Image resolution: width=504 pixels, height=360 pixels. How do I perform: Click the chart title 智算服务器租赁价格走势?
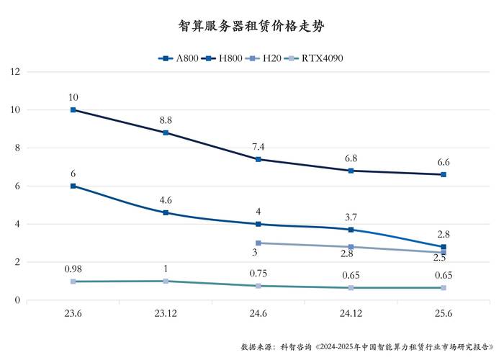(251, 27)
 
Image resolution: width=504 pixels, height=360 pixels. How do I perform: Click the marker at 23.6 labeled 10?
(73, 110)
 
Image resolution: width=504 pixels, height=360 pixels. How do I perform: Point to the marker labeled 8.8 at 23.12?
(166, 132)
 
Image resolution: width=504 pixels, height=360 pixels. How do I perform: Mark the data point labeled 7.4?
(258, 159)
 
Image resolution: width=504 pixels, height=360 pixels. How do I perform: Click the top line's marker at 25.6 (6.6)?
(444, 174)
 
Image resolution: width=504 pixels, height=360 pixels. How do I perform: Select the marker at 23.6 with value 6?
(73, 186)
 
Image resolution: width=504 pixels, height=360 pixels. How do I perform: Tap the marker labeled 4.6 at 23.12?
(166, 212)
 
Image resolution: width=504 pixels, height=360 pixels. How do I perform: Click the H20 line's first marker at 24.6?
(258, 243)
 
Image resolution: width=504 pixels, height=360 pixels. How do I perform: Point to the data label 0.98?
(73, 269)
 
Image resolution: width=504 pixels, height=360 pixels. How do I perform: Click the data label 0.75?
(258, 273)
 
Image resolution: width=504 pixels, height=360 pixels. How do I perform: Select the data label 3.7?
(351, 217)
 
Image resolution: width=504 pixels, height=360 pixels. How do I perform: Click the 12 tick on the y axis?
(15, 72)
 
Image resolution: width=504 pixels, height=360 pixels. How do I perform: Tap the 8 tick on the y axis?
(17, 148)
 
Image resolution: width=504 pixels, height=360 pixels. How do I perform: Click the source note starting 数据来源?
(367, 346)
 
